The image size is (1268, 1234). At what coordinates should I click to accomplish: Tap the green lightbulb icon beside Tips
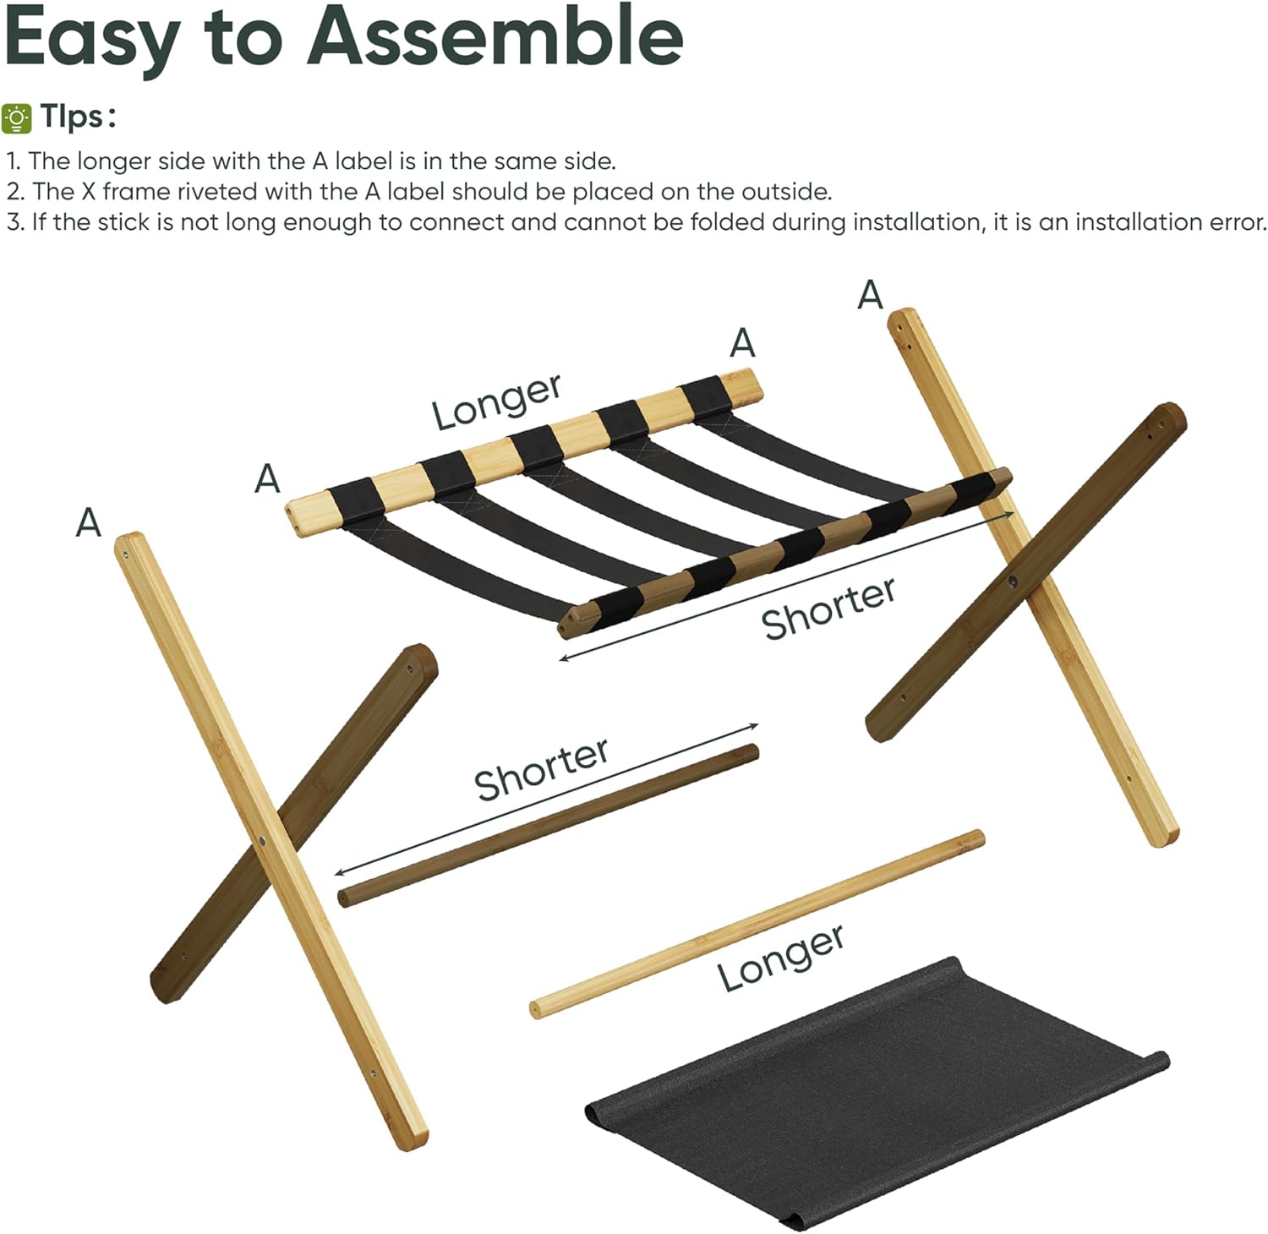tap(17, 117)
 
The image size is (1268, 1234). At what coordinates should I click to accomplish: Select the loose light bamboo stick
tap(757, 923)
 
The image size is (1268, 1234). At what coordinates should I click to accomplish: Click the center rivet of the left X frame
tap(263, 843)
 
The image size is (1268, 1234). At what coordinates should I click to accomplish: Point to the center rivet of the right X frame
tap(1013, 582)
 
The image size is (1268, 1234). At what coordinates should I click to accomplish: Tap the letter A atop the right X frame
tap(870, 295)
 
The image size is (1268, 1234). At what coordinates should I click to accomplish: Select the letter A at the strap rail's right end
tap(742, 343)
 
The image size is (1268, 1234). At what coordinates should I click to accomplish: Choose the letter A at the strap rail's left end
tap(267, 479)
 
